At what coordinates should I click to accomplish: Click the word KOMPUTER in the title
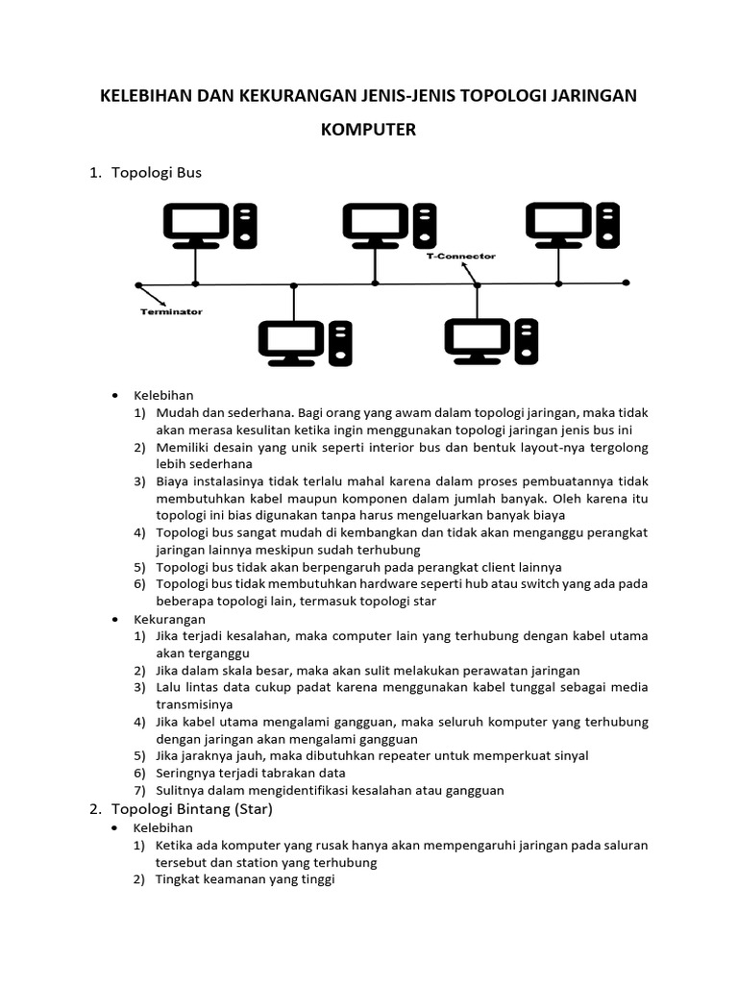[369, 130]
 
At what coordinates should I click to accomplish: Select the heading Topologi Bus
[157, 173]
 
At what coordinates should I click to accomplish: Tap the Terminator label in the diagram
[172, 311]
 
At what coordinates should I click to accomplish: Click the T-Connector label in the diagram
[461, 257]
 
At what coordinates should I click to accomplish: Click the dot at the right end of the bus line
[626, 283]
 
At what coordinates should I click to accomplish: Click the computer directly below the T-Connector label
[491, 343]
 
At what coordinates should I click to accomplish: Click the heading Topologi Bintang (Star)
[192, 809]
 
